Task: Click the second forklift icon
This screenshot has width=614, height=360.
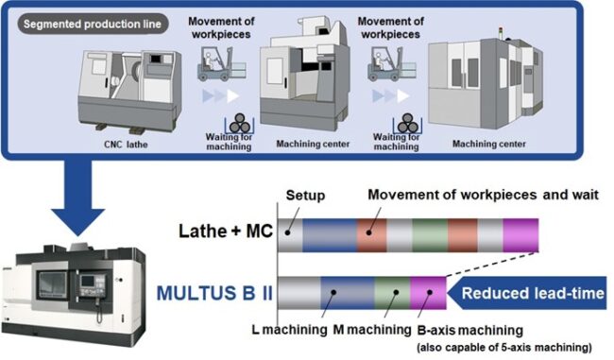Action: (385, 70)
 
